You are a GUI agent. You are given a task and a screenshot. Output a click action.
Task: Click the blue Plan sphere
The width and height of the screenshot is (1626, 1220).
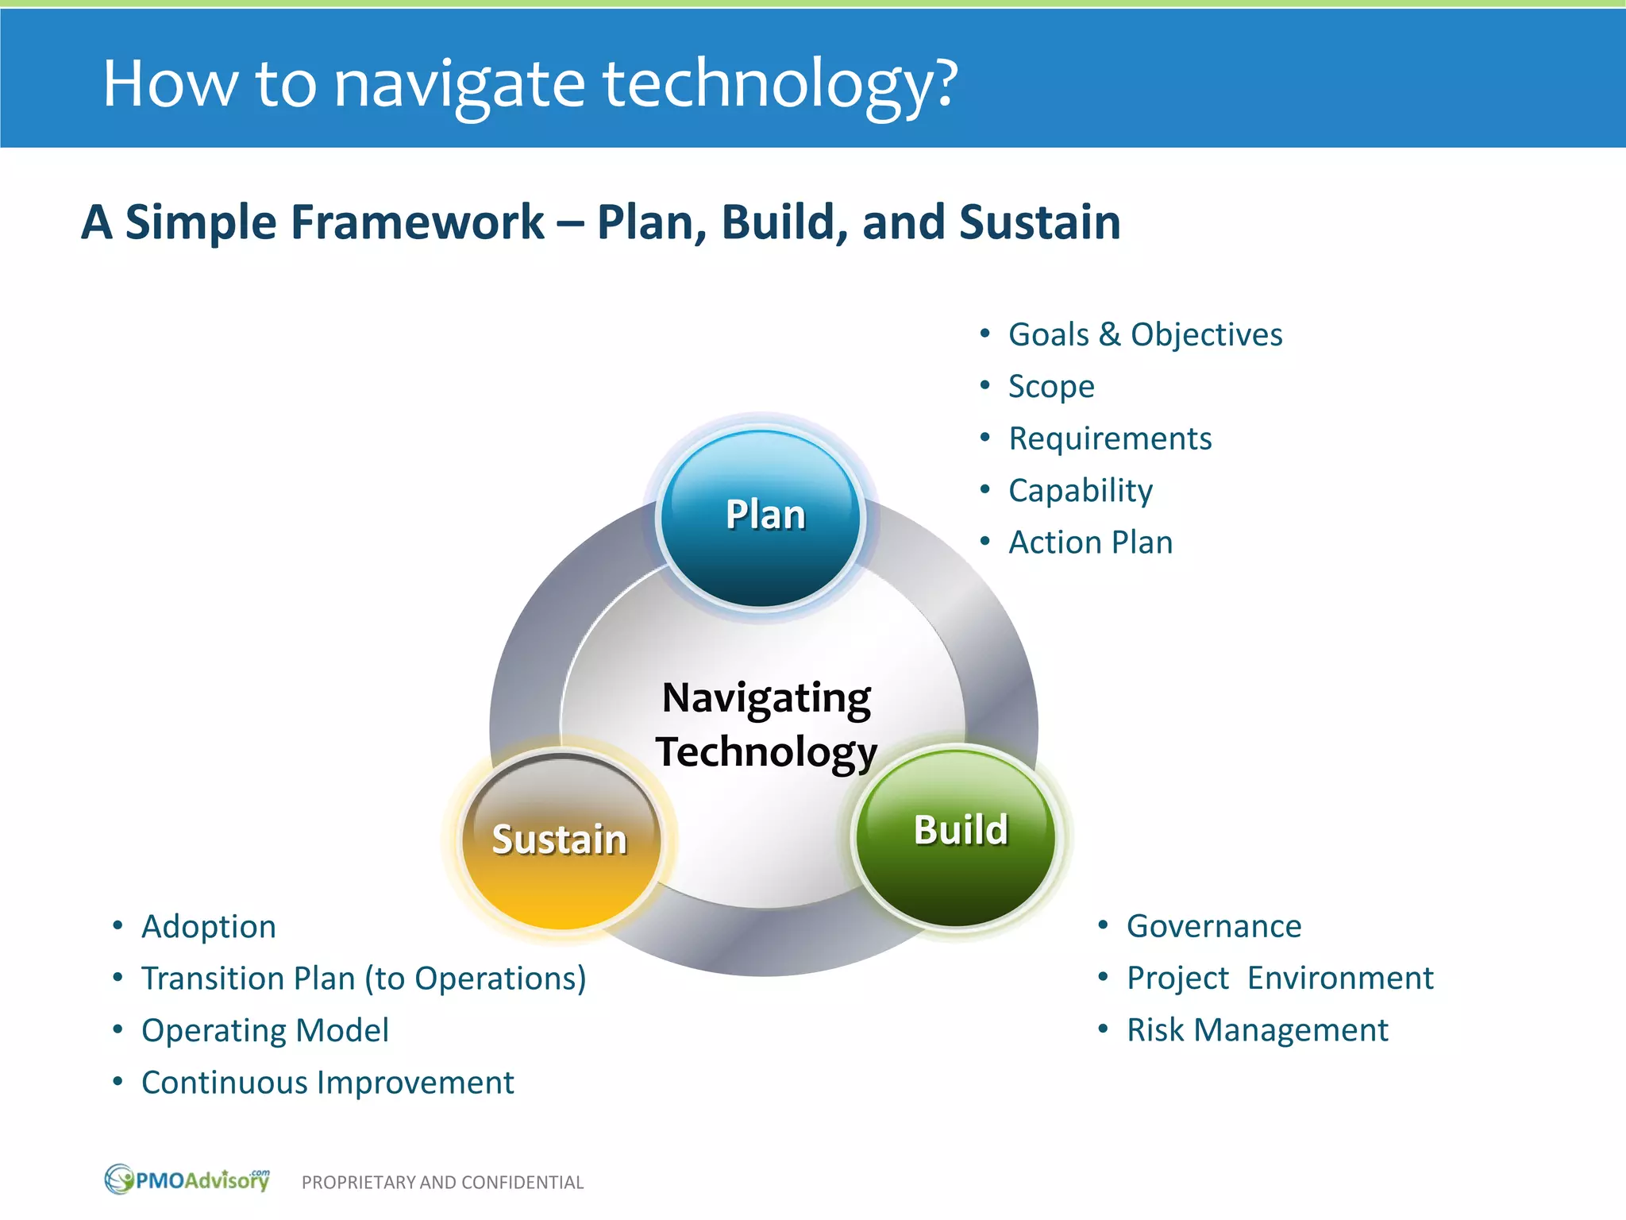coord(762,518)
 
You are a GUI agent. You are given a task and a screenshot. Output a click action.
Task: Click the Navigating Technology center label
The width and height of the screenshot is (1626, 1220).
coord(767,724)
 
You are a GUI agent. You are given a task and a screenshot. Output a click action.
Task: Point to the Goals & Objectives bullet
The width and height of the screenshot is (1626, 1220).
coord(1144,335)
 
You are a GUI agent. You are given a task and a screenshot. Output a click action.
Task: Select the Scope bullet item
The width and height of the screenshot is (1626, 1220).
coord(1050,387)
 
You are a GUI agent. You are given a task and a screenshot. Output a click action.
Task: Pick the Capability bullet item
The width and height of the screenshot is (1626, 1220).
coord(1080,491)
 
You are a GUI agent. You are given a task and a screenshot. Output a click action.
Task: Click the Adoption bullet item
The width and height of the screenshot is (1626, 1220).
coord(209,927)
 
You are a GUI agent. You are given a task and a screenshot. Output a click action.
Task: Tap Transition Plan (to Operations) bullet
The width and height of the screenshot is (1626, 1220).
coord(363,979)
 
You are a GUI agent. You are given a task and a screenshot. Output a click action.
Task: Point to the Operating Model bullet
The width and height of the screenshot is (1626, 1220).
coord(265,1031)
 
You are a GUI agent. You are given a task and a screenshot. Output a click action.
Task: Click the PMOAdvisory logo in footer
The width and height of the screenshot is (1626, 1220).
coord(187,1179)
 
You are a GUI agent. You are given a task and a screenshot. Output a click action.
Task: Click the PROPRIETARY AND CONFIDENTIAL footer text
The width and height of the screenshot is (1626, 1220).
coord(442,1183)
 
